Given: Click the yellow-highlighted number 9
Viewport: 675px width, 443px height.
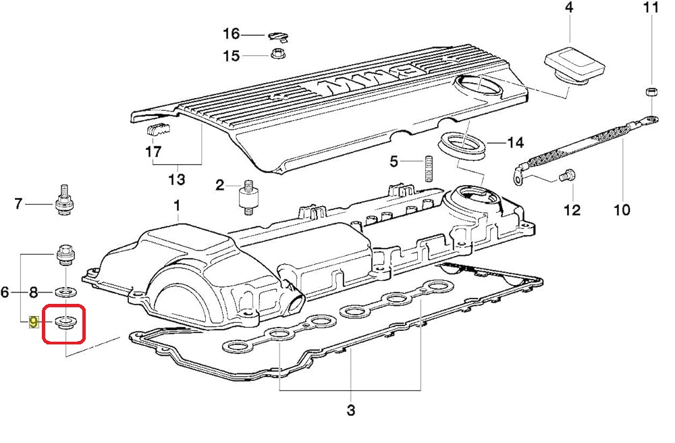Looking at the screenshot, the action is point(33,321).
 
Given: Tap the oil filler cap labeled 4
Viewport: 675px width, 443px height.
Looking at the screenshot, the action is point(575,67).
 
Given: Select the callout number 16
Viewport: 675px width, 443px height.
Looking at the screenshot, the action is point(231,33).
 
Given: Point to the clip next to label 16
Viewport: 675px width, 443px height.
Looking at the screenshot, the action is point(278,37).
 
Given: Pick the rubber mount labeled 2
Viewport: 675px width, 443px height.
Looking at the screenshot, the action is point(247,197).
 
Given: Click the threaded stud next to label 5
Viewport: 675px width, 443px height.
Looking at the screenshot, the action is point(429,168).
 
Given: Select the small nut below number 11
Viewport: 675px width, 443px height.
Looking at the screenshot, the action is point(651,91).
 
